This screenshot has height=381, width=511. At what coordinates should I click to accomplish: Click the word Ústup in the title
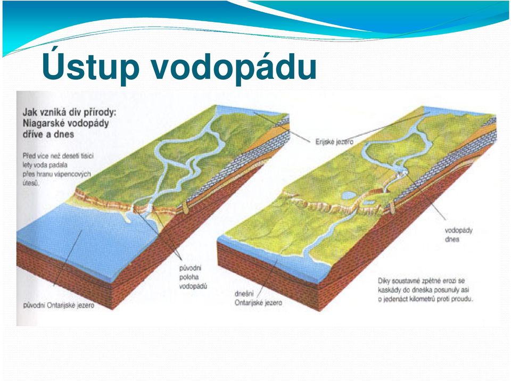tap(90, 67)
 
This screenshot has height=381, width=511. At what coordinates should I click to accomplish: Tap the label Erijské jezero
tap(334, 142)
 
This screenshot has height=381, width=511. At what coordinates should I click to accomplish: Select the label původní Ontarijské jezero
tap(59, 305)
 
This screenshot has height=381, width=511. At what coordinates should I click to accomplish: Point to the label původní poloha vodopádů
tap(193, 277)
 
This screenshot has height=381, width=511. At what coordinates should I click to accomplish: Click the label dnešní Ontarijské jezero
tap(258, 298)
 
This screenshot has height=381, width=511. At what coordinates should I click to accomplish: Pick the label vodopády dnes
tap(458, 235)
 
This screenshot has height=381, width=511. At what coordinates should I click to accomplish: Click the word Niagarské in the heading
tap(44, 123)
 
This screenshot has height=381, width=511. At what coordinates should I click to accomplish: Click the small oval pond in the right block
tap(348, 195)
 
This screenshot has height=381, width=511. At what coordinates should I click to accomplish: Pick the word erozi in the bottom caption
tap(447, 281)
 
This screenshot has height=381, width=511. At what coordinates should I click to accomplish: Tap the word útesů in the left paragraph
tap(31, 183)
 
